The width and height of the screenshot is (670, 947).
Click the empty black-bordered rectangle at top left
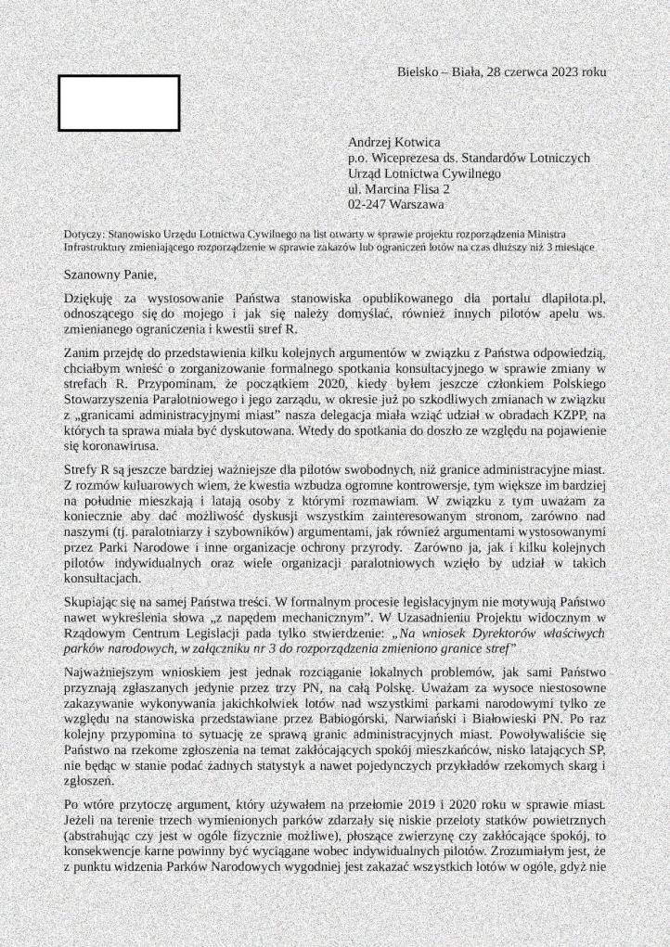[x=119, y=103]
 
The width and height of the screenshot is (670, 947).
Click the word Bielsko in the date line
[x=418, y=71]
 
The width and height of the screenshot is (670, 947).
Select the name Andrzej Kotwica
[x=394, y=143]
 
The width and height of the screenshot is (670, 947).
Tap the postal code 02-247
[x=367, y=203]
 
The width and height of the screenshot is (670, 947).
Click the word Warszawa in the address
[x=419, y=203]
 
